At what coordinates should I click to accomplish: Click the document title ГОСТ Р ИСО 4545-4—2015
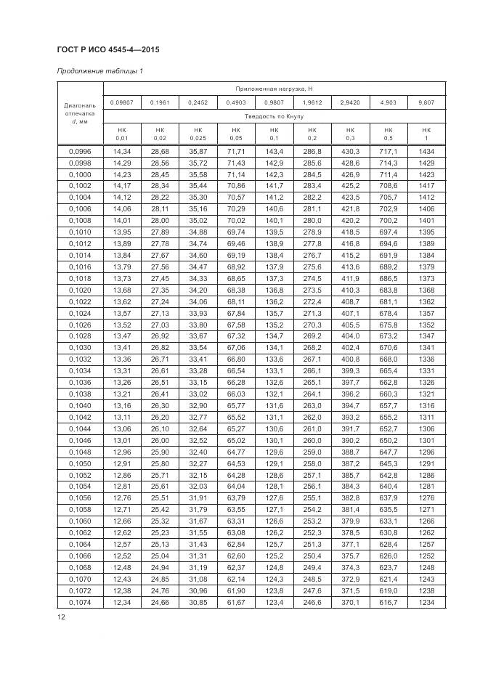coord(107,49)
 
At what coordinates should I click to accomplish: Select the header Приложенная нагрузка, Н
coord(273,88)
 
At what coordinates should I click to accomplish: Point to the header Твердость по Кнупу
coord(273,116)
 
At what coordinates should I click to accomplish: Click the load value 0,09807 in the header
coord(121,102)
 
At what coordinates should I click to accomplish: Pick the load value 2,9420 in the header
coord(350,102)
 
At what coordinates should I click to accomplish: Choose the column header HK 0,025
coord(198,134)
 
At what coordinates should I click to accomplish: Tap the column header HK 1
coord(426,134)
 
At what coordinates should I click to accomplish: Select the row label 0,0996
coord(80,150)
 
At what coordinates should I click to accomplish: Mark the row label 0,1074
coord(80,603)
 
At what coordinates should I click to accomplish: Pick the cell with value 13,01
coord(121,440)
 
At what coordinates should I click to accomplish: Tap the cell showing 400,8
coord(350,359)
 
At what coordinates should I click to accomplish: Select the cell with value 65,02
coord(236,440)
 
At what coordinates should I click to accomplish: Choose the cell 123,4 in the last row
coord(274,603)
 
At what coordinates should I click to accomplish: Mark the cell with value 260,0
coord(312,440)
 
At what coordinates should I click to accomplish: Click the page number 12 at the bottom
coord(62,617)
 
